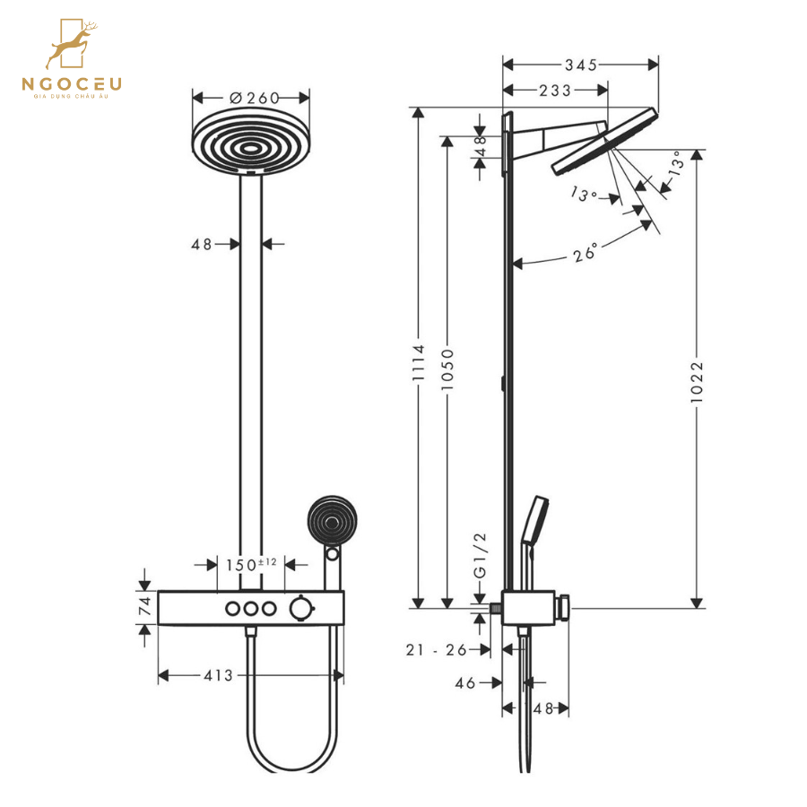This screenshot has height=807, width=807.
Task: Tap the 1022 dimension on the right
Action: click(698, 382)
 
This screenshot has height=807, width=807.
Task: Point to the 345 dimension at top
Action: click(581, 65)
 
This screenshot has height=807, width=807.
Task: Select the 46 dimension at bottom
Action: click(464, 682)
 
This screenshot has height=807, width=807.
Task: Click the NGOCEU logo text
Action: click(72, 85)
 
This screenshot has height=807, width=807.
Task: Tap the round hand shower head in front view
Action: click(331, 520)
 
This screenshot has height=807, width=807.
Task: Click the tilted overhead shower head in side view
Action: click(605, 142)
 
